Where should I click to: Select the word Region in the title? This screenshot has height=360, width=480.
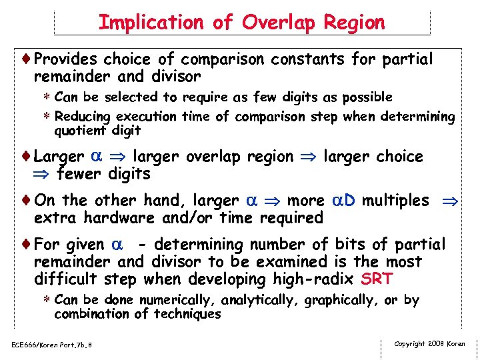pos(355,23)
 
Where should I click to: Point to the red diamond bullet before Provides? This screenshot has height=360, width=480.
pos(27,59)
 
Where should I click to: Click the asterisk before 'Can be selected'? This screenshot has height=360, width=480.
pos(48,98)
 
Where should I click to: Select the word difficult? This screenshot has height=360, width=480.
pos(65,279)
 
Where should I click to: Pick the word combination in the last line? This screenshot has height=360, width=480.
pos(92,314)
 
